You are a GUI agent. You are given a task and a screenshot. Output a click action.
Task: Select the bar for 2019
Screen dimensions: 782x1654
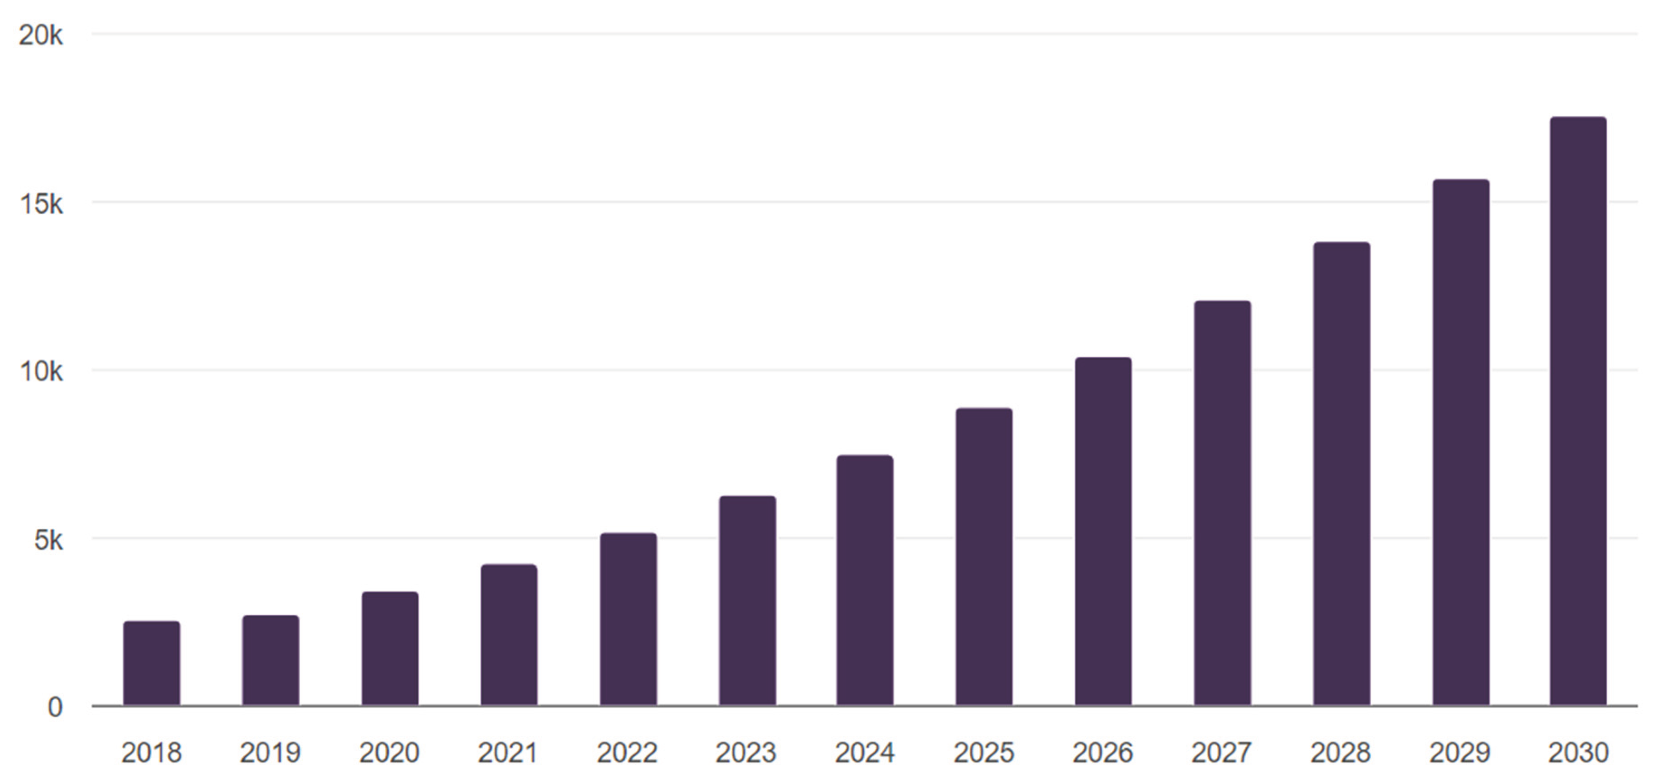[x=270, y=661]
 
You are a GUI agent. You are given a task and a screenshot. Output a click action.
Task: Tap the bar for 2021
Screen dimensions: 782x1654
[x=509, y=635]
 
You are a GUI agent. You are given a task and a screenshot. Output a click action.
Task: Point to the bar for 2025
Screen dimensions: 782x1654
[x=984, y=557]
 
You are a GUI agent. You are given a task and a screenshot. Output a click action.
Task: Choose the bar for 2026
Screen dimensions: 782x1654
[x=1103, y=531]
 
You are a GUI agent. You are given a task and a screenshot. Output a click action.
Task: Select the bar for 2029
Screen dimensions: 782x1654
[x=1460, y=443]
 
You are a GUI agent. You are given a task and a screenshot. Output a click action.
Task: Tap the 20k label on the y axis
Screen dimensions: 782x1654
[x=40, y=36]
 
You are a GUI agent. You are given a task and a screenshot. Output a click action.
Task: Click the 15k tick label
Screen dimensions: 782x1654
[x=40, y=204]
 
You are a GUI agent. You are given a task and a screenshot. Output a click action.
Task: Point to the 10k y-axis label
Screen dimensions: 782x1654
[x=40, y=372]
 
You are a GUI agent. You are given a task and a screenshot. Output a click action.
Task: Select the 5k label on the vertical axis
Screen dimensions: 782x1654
[x=48, y=540]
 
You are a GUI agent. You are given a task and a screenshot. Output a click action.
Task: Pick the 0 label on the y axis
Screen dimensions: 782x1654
[x=55, y=707]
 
